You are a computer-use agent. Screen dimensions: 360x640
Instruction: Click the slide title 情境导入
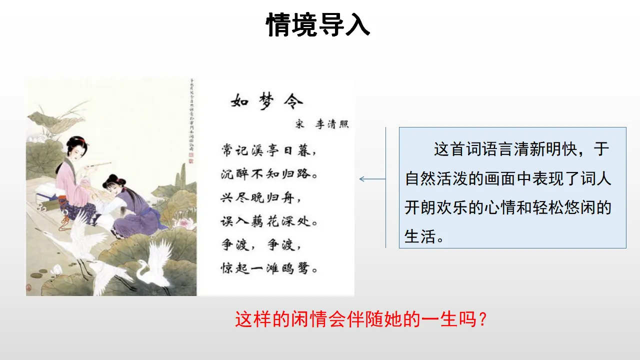point(318,25)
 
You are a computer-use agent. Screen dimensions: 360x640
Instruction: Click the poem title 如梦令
point(267,101)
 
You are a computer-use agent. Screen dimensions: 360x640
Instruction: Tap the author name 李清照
point(332,124)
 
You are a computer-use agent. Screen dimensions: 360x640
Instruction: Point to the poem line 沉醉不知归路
point(269,174)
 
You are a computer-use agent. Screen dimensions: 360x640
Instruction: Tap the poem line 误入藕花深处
point(269,221)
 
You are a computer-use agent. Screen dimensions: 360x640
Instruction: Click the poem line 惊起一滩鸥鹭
point(269,268)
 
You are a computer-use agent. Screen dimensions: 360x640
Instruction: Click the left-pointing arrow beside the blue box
point(372,179)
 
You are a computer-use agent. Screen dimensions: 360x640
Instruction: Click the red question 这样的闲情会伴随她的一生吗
point(360,319)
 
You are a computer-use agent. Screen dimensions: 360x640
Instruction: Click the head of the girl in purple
point(113,182)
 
